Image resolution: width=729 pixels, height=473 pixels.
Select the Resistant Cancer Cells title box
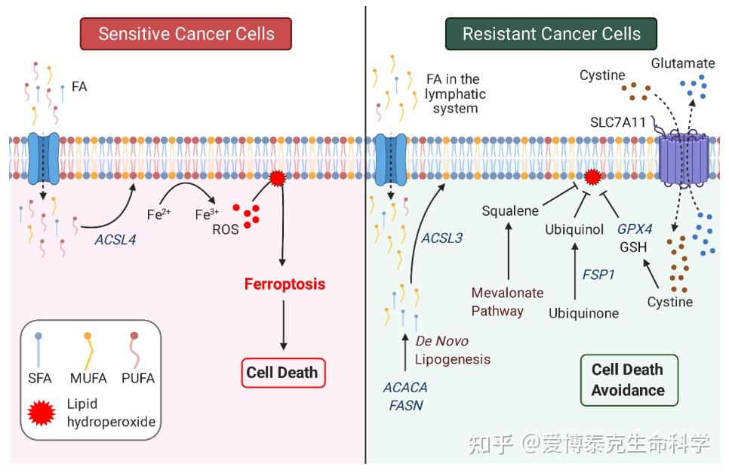(x=551, y=34)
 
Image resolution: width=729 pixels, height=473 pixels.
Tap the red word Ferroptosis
(x=285, y=284)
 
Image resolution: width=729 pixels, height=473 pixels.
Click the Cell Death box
(x=283, y=372)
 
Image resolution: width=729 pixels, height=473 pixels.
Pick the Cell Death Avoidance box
(x=628, y=379)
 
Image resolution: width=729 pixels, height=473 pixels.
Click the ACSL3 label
(x=441, y=238)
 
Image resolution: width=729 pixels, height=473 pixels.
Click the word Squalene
(x=510, y=210)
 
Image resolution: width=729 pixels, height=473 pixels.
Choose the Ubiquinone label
(x=584, y=312)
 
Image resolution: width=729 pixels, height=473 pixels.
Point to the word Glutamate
(x=684, y=63)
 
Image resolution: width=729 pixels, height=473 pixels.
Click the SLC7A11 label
(x=619, y=121)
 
